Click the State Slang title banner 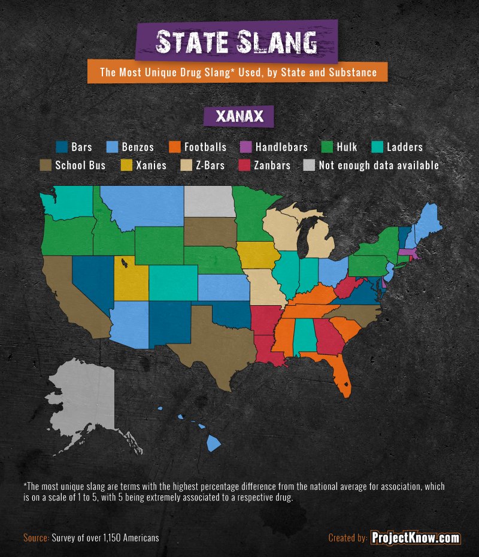click(x=237, y=43)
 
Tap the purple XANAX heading click(x=238, y=116)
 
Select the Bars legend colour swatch click(x=61, y=147)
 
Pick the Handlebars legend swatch click(x=244, y=147)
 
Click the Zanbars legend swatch click(x=244, y=165)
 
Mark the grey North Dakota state click(x=210, y=201)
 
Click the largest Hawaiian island click(x=214, y=443)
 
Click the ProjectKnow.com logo click(x=416, y=538)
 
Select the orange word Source click(x=36, y=538)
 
